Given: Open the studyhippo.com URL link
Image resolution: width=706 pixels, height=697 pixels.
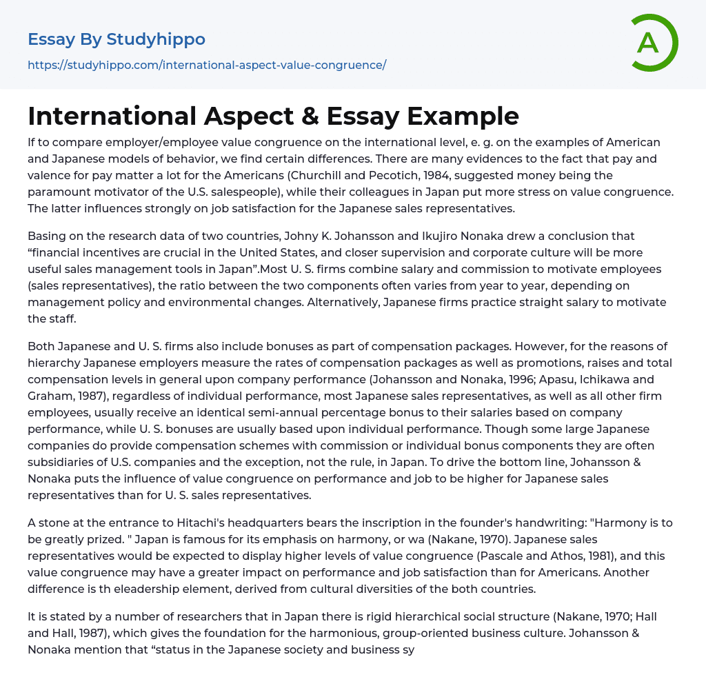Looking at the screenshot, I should (207, 65).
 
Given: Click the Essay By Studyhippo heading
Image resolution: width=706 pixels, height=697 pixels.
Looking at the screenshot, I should (117, 39).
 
